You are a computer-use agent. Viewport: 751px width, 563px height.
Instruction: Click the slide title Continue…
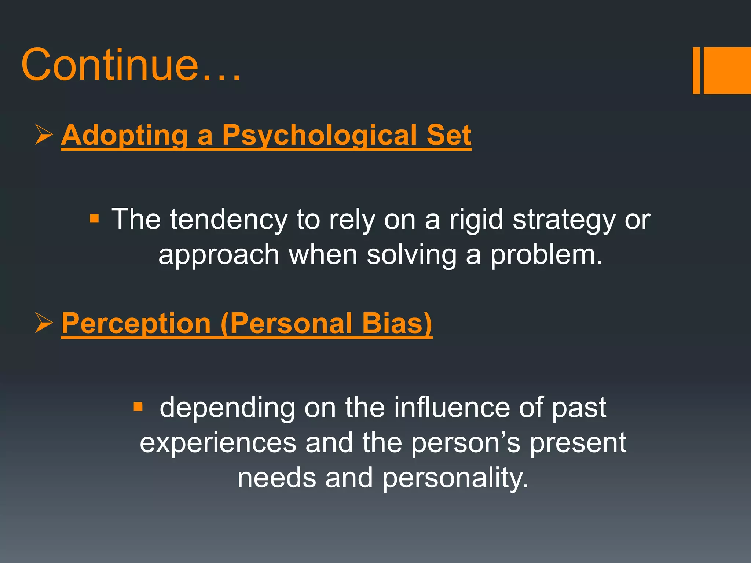pos(131,65)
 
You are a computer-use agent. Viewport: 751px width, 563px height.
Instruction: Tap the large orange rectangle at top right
pos(727,70)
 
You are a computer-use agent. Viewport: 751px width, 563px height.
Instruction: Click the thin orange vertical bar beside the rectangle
pos(696,70)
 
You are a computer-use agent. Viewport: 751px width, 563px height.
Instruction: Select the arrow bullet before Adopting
pos(44,135)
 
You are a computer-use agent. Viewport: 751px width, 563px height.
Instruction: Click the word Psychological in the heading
pos(319,136)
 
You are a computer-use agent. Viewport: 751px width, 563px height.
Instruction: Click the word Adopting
pos(125,136)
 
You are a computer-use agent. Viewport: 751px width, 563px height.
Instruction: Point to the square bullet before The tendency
pos(94,219)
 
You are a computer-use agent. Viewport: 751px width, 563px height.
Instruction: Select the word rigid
pos(476,220)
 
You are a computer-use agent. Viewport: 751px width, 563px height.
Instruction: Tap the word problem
pos(546,255)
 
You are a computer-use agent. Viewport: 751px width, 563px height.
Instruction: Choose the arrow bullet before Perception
pos(44,323)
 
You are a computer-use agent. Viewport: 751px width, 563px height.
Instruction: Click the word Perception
pos(136,324)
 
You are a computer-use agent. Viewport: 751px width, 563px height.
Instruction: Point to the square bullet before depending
pos(138,407)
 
